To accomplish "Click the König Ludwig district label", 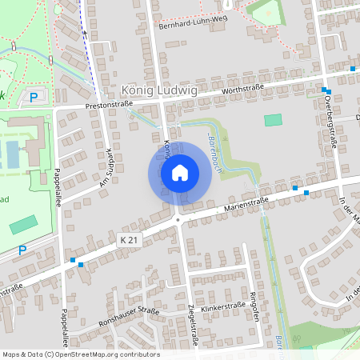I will (159, 91).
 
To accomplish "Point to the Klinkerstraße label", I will (223, 306).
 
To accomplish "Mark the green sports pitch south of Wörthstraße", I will (274, 120).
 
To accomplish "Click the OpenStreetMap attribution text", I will (80, 354).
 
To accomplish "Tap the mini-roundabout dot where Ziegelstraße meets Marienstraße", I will (177, 218).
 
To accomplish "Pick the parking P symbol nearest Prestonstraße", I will (34, 97).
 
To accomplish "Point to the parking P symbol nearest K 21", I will (22, 250).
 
